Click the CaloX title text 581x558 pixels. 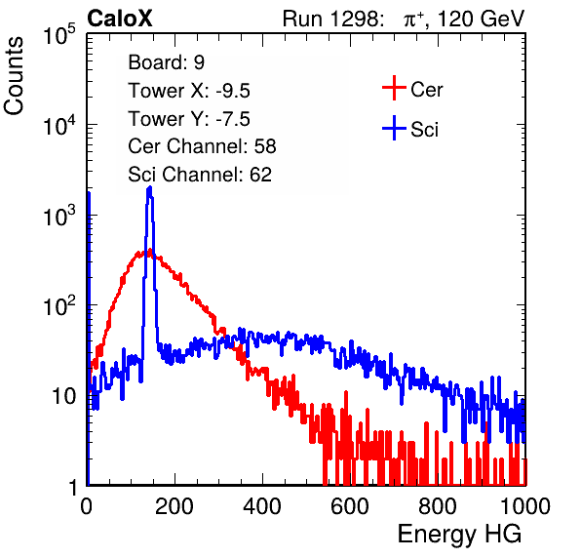pos(119,19)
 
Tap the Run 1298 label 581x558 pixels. pos(332,19)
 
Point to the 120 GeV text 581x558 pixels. pos(482,19)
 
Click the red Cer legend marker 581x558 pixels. pos(394,88)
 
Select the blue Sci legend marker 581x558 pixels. pos(394,128)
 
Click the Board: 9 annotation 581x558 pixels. pos(166,62)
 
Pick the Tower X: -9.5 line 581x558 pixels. pos(189,91)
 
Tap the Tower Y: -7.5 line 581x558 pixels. pos(189,119)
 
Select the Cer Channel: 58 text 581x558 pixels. pos(202,146)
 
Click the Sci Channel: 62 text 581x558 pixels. pos(200,175)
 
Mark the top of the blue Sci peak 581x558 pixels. pos(150,187)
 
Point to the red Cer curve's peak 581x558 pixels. pos(149,251)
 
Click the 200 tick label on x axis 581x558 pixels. pos(174,506)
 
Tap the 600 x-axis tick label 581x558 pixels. pos(350,506)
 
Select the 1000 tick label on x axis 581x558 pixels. pos(525,506)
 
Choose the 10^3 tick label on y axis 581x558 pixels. pos(59,215)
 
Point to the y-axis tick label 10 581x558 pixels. pos(63,396)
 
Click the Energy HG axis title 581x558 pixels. pos(459,535)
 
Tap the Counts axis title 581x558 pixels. pos(14,76)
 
